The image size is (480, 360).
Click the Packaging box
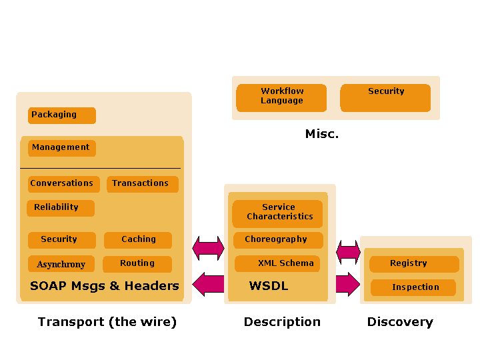click(x=61, y=115)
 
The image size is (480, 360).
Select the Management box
click(x=61, y=148)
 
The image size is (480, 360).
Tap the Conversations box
click(x=63, y=184)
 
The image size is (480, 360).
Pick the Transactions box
click(x=142, y=184)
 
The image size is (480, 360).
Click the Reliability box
click(x=60, y=208)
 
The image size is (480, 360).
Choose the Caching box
click(x=138, y=240)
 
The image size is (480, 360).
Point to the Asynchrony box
click(x=61, y=264)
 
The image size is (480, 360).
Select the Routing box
click(x=137, y=264)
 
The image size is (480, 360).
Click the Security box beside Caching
click(x=61, y=240)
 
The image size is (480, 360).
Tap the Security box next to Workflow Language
click(x=385, y=97)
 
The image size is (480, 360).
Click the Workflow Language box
click(x=281, y=97)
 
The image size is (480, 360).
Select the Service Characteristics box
click(x=277, y=213)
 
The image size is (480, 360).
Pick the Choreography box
click(x=278, y=240)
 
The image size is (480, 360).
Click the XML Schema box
click(x=277, y=264)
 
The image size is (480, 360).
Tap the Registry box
click(x=414, y=264)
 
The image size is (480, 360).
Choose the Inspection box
click(x=413, y=288)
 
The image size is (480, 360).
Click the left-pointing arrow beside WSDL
click(x=208, y=285)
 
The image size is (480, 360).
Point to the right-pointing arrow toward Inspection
click(x=347, y=284)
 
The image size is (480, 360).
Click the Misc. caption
click(x=322, y=134)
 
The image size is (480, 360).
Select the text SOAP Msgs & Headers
click(x=105, y=286)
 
